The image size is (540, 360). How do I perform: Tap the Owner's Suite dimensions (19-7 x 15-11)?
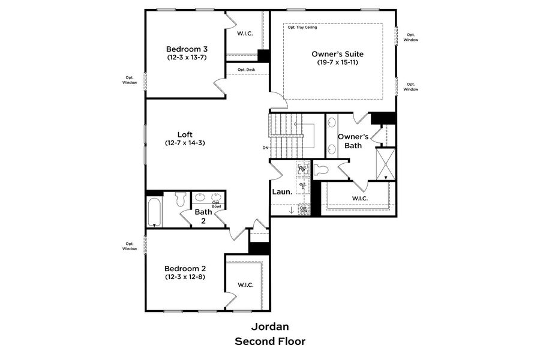click(x=334, y=62)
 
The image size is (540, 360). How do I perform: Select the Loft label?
click(x=185, y=134)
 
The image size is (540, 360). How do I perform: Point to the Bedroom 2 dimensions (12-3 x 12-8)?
click(x=185, y=277)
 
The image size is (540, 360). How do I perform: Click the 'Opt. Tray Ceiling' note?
click(x=302, y=28)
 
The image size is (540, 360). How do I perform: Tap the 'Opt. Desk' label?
click(x=246, y=70)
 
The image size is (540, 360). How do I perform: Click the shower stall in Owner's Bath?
click(x=384, y=163)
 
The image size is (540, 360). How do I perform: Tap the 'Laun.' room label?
click(x=282, y=192)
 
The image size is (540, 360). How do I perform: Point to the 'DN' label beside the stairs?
click(x=265, y=148)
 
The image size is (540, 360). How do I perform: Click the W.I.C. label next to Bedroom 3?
click(x=245, y=34)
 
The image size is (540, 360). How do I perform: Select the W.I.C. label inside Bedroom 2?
click(x=245, y=284)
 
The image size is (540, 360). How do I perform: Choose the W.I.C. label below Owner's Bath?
click(x=359, y=198)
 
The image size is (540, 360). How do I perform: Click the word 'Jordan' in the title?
click(x=269, y=327)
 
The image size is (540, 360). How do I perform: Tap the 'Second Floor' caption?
click(x=269, y=341)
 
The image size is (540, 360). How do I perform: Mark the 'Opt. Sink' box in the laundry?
click(x=304, y=209)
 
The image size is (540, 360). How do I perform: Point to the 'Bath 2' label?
click(x=203, y=216)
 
